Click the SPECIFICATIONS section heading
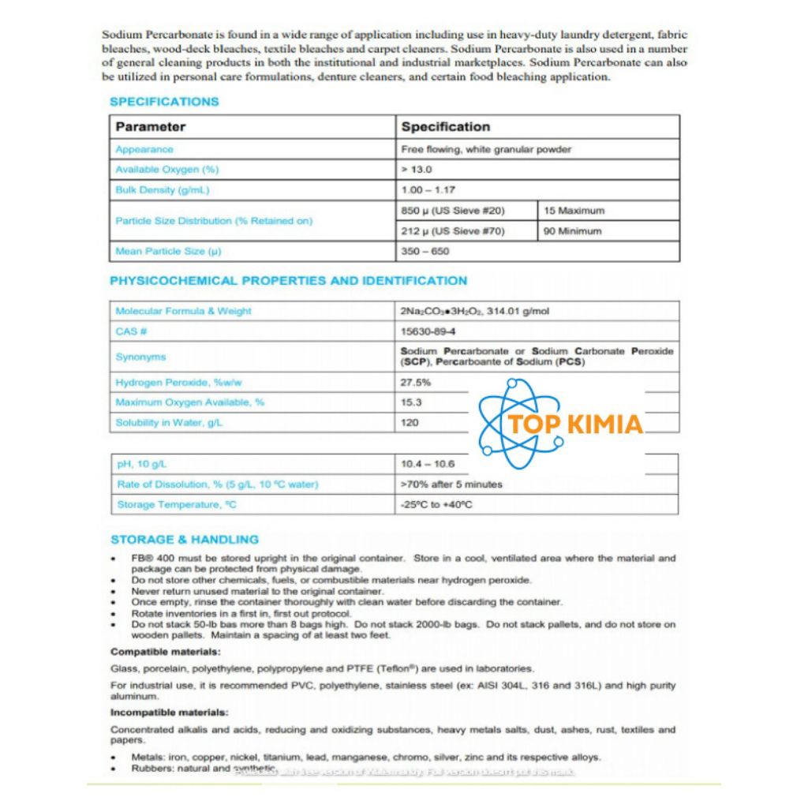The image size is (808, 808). [x=164, y=102]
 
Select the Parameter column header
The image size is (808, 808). [x=151, y=127]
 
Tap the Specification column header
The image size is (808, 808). [x=445, y=127]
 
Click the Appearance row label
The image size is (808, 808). [x=144, y=149]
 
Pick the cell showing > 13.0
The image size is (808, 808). [x=417, y=170]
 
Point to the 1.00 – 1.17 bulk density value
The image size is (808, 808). [x=428, y=190]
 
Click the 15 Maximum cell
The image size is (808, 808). [x=574, y=211]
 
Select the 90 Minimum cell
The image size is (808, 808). [x=572, y=231]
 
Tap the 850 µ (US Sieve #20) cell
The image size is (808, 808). [x=453, y=211]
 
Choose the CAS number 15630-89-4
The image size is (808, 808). [x=428, y=331]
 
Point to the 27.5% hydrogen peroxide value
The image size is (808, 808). [x=416, y=383]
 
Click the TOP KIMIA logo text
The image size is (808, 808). [x=575, y=425]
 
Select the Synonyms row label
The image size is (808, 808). [x=140, y=357]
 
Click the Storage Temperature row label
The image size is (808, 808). [x=178, y=505]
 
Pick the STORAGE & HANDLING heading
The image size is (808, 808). [x=185, y=540]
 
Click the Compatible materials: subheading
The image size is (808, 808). [x=166, y=652]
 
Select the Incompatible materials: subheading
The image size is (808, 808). [x=169, y=713]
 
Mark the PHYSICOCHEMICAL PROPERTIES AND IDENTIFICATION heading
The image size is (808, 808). [x=288, y=281]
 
